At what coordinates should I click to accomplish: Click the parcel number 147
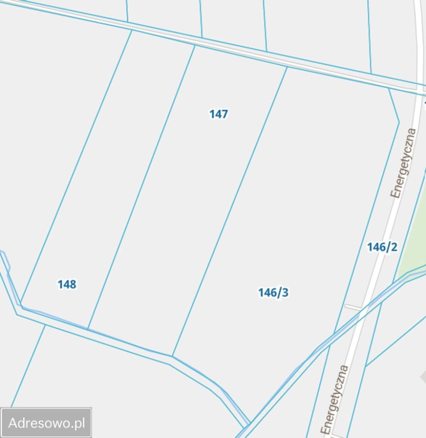coord(218,114)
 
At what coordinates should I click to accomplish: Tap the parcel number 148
coord(67,285)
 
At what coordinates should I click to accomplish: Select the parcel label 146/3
coord(273,292)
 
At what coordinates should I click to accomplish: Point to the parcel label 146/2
coord(382,247)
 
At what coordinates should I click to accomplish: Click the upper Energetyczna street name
coord(404,163)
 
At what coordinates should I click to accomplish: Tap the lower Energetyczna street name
coord(335,399)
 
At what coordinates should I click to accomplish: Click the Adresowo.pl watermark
coord(47,423)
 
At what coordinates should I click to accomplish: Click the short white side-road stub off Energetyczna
coord(352,308)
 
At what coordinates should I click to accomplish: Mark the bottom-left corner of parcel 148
coord(21,305)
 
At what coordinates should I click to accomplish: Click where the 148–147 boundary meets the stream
coord(88,328)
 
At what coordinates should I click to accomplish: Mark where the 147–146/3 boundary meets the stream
coord(172,355)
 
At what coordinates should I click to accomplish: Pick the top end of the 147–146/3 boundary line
coord(287,68)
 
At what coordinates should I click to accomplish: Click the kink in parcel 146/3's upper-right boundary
coord(399,122)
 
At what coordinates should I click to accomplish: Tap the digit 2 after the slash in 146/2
coord(394,247)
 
